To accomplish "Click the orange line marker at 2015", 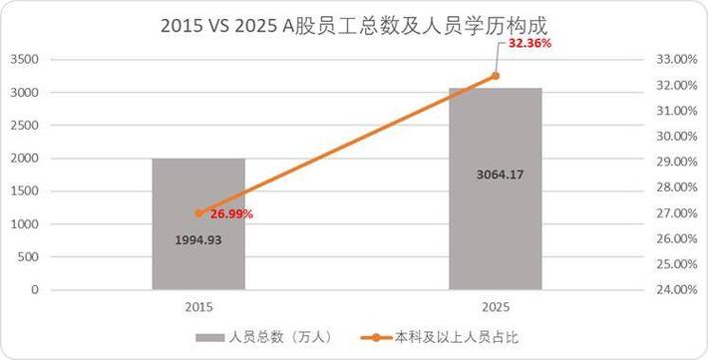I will tap(198, 212).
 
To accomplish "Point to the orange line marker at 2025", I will tap(495, 76).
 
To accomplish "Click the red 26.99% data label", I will tap(231, 213).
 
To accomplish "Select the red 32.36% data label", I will tap(530, 45).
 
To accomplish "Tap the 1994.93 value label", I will tap(198, 240).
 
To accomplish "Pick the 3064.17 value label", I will tap(495, 176).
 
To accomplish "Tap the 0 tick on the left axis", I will tap(33, 290).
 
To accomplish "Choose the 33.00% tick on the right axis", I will tap(673, 60).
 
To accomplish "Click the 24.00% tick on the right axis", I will tap(673, 290).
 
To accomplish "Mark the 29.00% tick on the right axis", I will tap(673, 162).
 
